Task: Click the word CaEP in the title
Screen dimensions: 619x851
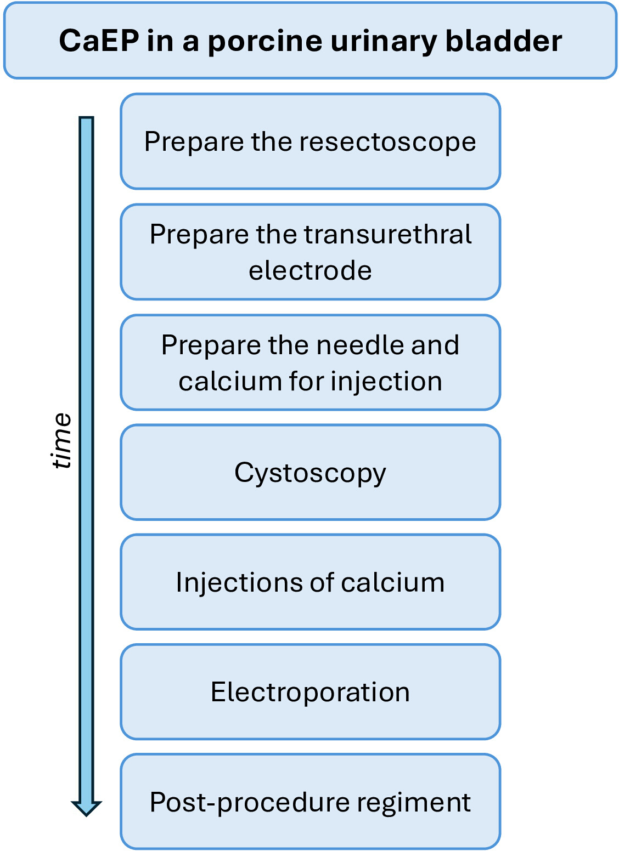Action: point(99,41)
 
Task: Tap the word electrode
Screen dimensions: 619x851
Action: point(310,270)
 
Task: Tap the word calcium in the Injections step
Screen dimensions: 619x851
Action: point(392,583)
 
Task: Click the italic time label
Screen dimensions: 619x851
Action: point(61,441)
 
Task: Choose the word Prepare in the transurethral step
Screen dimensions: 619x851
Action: point(199,235)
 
